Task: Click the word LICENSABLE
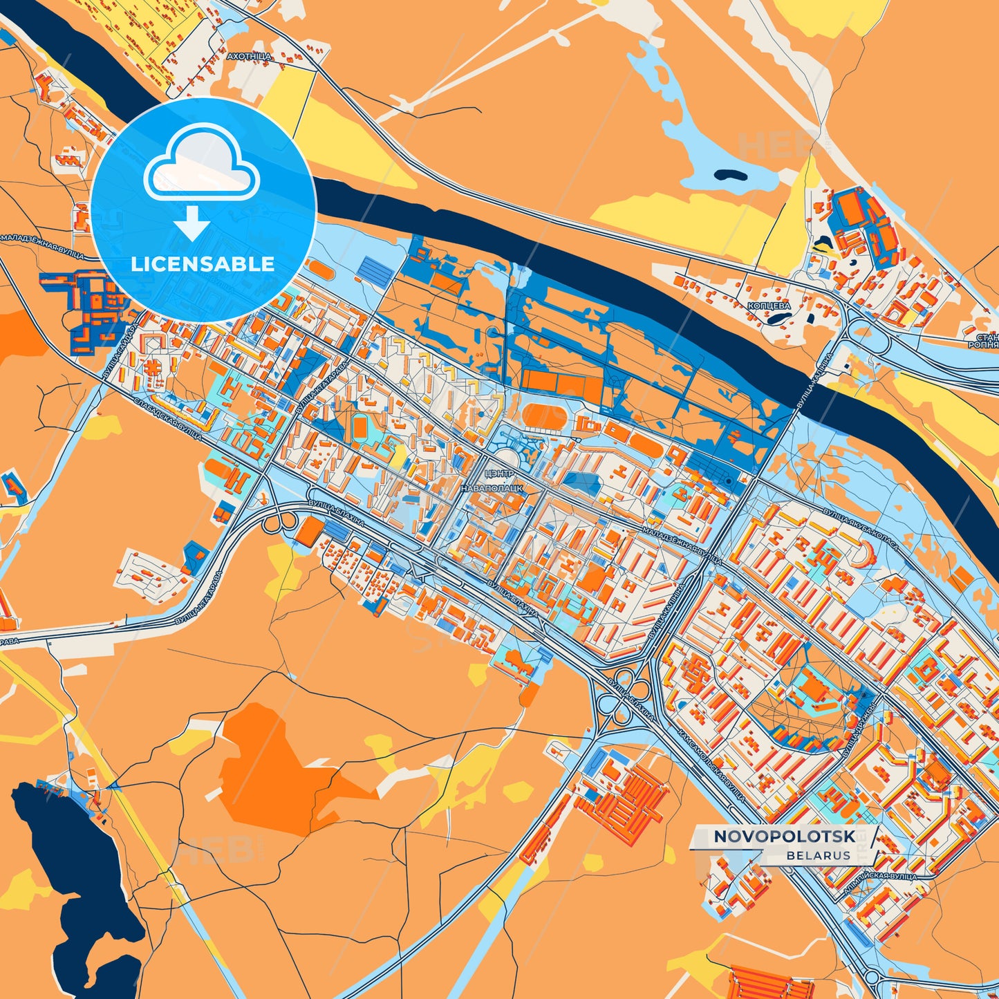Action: (x=203, y=263)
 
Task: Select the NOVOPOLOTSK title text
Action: (x=784, y=837)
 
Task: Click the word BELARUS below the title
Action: (x=818, y=855)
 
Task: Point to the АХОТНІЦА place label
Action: (x=249, y=56)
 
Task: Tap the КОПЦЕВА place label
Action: (x=769, y=305)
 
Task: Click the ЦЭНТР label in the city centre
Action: (x=499, y=474)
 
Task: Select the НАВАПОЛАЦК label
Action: (x=492, y=488)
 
